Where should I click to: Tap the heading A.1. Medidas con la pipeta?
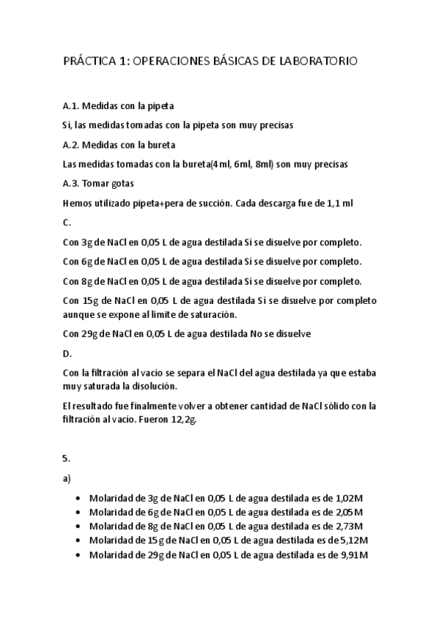118,106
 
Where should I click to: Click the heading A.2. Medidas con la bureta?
119,144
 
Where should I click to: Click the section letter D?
67,353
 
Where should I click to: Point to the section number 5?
66,458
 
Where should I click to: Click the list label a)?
66,478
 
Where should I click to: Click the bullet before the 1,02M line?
78,498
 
